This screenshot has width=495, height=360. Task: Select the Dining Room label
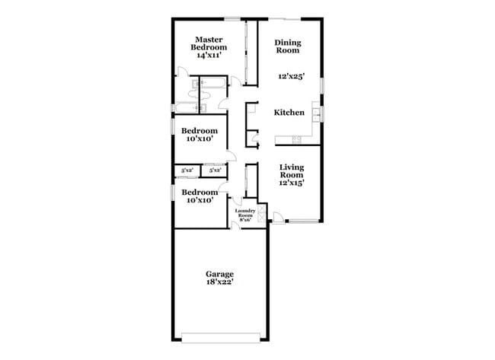[x=287, y=47]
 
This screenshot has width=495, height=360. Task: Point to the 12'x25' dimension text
[x=290, y=77]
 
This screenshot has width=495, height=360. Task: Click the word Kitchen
[x=289, y=113]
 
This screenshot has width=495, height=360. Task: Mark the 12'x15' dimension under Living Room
[x=292, y=183]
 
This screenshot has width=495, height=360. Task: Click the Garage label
[x=219, y=273]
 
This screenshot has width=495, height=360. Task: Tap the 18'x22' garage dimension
[x=219, y=282]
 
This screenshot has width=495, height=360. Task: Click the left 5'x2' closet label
[x=187, y=170]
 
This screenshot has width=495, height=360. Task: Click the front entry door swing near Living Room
[x=279, y=221]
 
